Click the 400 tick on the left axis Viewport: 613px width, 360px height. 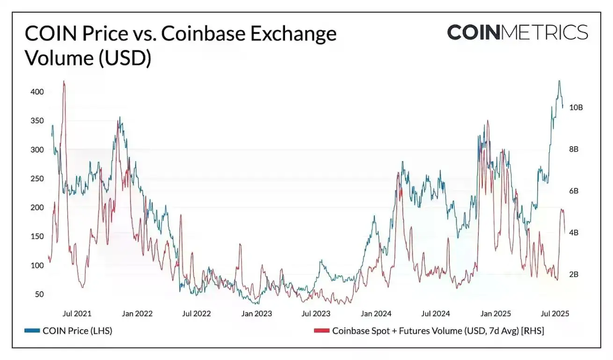(37, 92)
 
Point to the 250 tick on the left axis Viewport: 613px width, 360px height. (37, 178)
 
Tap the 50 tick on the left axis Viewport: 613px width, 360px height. (39, 294)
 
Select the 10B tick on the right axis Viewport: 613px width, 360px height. (576, 107)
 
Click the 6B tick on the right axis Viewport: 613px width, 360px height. (574, 191)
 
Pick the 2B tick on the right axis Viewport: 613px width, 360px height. (574, 274)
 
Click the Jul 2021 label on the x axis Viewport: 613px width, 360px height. (77, 314)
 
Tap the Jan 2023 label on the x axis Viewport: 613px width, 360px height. (256, 314)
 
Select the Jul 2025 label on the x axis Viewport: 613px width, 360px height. (555, 314)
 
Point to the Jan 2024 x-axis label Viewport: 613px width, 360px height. (376, 314)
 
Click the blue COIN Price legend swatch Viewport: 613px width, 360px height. (32, 331)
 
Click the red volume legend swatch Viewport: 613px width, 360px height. (321, 331)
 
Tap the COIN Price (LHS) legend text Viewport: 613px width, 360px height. (78, 331)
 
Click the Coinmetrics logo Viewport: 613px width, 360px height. (518, 32)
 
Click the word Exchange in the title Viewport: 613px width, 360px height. (293, 34)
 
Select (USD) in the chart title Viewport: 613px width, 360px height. (125, 58)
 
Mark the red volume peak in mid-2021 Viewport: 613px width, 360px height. (64, 81)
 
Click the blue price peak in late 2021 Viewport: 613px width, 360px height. (120, 117)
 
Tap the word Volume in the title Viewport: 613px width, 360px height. (60, 58)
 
